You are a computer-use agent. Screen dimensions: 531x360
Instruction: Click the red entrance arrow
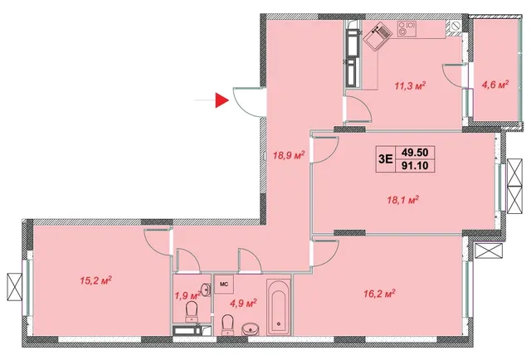tap(222, 100)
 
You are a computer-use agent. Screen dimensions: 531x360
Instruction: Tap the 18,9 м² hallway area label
tap(289, 155)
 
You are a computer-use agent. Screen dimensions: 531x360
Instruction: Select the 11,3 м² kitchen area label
tap(410, 85)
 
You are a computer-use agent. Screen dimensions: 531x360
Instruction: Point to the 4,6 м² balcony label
tap(495, 84)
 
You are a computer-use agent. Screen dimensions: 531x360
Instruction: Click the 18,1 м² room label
tap(403, 200)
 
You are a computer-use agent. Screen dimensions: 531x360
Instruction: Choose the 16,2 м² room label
tap(380, 294)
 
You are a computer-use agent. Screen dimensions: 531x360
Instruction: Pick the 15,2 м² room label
tap(96, 280)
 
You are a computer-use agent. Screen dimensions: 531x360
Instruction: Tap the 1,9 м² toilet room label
tap(188, 295)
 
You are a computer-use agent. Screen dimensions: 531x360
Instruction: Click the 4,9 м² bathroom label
tap(243, 303)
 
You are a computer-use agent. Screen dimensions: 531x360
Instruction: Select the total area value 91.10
tap(415, 166)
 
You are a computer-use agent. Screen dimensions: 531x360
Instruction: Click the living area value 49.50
tap(415, 153)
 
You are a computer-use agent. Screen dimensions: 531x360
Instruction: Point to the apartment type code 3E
tap(386, 158)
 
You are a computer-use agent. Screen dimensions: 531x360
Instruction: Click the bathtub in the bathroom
tap(279, 308)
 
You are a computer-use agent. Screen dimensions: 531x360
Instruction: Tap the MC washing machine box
tap(224, 285)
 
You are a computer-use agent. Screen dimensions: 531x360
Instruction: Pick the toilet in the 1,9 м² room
tap(192, 312)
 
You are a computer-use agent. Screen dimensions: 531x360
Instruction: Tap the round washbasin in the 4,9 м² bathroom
tap(251, 328)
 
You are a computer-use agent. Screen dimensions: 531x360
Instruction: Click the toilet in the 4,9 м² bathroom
tap(227, 324)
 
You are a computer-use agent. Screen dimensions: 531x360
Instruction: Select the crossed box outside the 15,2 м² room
tap(15, 286)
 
